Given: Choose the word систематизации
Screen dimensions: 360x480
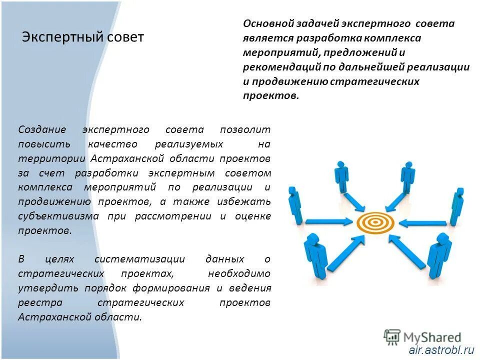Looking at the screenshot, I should (139, 259).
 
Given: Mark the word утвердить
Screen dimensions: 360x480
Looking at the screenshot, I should (41, 288).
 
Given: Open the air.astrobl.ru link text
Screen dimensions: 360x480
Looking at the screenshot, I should (441, 350).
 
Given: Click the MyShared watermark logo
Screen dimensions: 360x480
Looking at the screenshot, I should (422, 337).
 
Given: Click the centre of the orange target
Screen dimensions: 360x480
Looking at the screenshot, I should (375, 221).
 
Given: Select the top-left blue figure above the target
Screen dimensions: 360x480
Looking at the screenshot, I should (342, 176).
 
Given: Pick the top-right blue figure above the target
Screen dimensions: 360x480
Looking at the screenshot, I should (407, 176).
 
